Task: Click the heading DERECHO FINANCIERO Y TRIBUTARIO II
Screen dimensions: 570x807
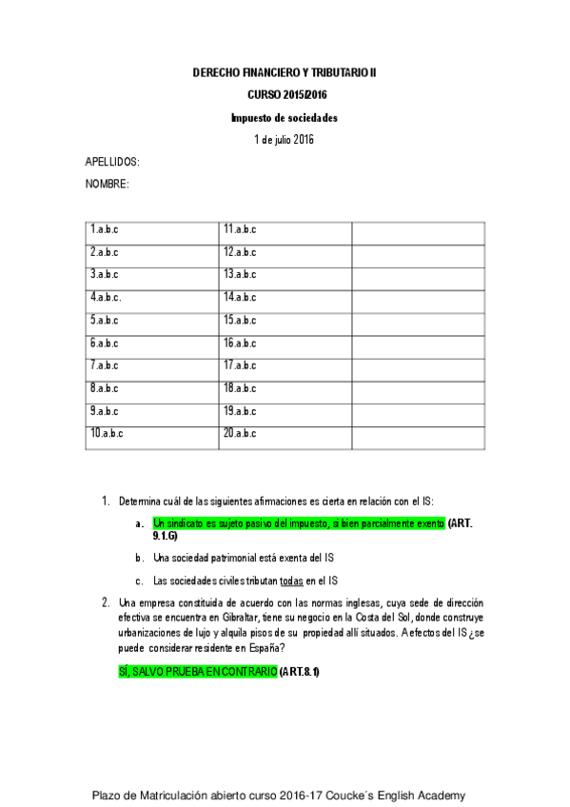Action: pos(285,72)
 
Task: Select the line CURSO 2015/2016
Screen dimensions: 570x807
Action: pos(285,95)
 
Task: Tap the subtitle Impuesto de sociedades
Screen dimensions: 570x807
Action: pos(285,118)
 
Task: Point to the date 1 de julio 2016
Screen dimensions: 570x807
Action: pos(285,140)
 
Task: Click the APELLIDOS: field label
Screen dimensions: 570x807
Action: pos(112,163)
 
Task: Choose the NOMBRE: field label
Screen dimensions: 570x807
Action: pos(107,184)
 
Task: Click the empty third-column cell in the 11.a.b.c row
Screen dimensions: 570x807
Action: pos(418,229)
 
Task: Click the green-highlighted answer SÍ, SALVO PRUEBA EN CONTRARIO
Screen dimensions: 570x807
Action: pos(195,672)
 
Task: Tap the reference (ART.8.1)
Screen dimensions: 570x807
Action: pos(300,672)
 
